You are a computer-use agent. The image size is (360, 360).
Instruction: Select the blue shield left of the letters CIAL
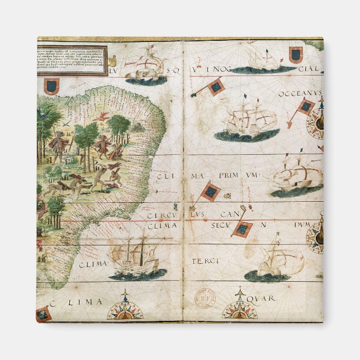coord(296,54)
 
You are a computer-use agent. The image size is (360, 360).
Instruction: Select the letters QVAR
coord(264,298)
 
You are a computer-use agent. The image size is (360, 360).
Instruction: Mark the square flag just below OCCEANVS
coord(306,106)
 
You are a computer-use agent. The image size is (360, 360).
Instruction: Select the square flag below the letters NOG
coord(215,86)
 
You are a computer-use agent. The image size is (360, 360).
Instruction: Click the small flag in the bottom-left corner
coord(44,314)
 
